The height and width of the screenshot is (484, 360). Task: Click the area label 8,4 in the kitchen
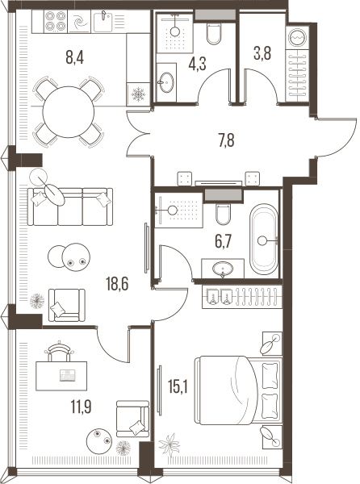pyautogui.click(x=75, y=57)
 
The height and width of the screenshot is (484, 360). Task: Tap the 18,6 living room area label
pyautogui.click(x=117, y=284)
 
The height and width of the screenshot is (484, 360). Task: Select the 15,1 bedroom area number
pyautogui.click(x=178, y=386)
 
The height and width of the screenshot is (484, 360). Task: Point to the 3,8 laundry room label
pyautogui.click(x=262, y=53)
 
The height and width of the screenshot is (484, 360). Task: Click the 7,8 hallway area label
pyautogui.click(x=226, y=140)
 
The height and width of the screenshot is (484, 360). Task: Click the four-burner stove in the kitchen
pyautogui.click(x=56, y=21)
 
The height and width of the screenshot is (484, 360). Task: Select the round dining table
pyautogui.click(x=69, y=112)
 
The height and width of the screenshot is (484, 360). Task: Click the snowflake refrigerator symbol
pyautogui.click(x=138, y=94)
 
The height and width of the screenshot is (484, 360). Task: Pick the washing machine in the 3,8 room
pyautogui.click(x=297, y=37)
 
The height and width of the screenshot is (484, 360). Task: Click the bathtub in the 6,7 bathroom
pyautogui.click(x=263, y=239)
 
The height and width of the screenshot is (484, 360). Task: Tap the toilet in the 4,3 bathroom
pyautogui.click(x=214, y=33)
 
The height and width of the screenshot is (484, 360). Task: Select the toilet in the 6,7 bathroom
pyautogui.click(x=223, y=214)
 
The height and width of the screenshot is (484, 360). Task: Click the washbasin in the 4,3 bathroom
pyautogui.click(x=167, y=82)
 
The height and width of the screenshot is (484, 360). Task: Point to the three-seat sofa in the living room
pyautogui.click(x=70, y=207)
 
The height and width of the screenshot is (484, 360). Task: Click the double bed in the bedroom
pyautogui.click(x=238, y=390)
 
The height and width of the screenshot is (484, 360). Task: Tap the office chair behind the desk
pyautogui.click(x=59, y=351)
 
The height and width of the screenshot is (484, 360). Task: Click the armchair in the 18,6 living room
pyautogui.click(x=67, y=305)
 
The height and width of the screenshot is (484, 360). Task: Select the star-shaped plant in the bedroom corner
pyautogui.click(x=169, y=444)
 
